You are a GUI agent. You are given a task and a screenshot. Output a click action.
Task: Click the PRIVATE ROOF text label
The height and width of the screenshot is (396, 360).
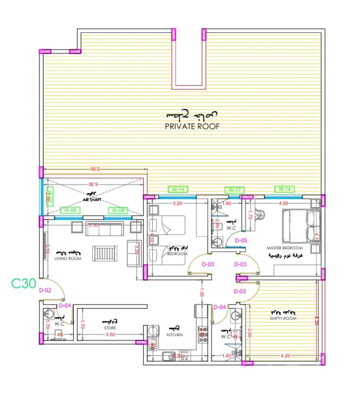pyautogui.click(x=192, y=126)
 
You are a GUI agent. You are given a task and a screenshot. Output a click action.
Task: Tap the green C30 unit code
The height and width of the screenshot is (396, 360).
pyautogui.click(x=24, y=283)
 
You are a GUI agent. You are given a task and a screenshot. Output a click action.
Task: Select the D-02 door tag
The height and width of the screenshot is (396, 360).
pyautogui.click(x=45, y=290)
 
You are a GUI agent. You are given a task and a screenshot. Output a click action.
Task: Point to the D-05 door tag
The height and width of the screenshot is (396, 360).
pyautogui.click(x=241, y=240)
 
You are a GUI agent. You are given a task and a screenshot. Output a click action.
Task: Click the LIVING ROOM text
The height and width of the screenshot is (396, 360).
pyautogui.click(x=68, y=259)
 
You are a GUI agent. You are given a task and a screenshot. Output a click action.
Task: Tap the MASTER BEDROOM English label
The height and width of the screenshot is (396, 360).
pyautogui.click(x=284, y=247)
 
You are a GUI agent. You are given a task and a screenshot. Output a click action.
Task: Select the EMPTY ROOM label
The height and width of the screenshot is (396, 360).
pyautogui.click(x=283, y=318)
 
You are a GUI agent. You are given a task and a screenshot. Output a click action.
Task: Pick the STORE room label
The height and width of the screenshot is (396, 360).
pyautogui.click(x=110, y=328)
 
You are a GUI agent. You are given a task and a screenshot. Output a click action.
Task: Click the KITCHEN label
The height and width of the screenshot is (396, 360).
pyautogui.click(x=174, y=335)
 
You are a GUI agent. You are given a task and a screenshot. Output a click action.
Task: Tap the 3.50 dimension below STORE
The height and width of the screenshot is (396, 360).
pyautogui.click(x=110, y=335)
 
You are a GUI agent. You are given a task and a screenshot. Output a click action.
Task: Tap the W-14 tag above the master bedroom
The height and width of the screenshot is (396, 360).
pyautogui.click(x=284, y=189)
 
